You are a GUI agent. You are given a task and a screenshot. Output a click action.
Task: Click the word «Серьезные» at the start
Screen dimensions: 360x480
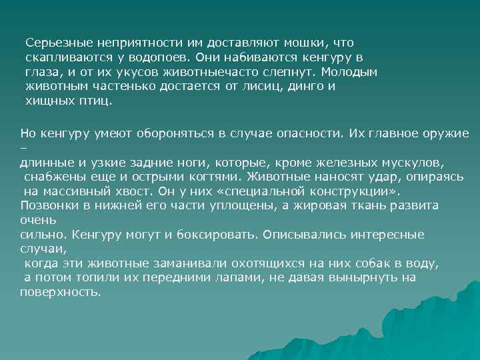[x=55, y=43]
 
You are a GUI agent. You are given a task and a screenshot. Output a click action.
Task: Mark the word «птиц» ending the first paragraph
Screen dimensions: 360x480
[x=99, y=101]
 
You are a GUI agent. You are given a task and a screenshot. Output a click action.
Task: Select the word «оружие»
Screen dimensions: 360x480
[x=446, y=133]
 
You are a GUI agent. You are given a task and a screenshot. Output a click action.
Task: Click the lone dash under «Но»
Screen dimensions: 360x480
[x=23, y=148]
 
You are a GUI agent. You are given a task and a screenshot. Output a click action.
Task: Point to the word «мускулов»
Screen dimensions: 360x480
[x=413, y=162]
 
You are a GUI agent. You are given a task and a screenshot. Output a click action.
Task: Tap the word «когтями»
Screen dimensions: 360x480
[x=212, y=177]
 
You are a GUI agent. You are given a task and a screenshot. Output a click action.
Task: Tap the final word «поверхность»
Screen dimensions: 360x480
[x=60, y=293]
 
